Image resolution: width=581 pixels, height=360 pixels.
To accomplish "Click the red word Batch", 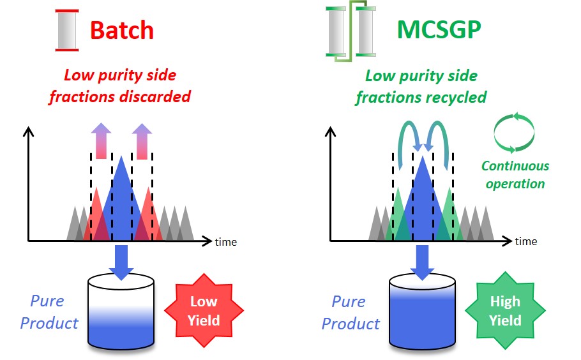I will (121, 30).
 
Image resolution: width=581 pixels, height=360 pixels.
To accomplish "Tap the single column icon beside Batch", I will (66, 30).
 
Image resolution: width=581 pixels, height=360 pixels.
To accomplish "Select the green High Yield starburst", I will (505, 310).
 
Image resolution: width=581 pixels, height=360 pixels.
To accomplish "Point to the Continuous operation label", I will (515, 174).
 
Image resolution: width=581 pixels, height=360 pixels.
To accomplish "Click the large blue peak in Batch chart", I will (121, 204).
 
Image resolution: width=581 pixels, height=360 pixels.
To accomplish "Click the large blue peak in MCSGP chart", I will (422, 204).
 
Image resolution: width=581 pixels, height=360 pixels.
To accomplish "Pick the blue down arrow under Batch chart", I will (121, 260).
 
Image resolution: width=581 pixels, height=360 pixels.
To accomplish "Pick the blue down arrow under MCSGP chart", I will (422, 260).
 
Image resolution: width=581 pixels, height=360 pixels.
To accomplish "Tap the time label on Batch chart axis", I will (225, 242).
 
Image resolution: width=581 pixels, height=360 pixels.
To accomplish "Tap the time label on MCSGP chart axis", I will (525, 241).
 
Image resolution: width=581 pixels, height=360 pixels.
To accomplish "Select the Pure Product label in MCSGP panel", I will (350, 313).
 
